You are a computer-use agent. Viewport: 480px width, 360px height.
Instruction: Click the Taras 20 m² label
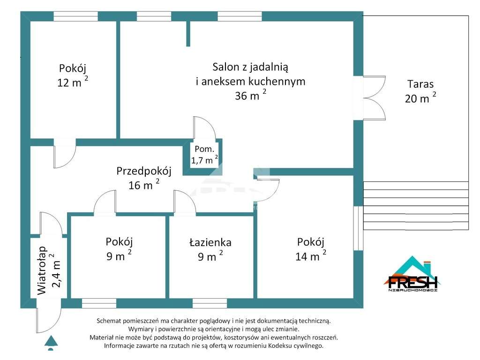420,91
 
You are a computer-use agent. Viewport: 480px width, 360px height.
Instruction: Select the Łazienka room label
210,249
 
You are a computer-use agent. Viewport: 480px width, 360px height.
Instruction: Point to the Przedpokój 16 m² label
143,178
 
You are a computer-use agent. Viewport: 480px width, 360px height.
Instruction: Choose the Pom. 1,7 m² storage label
204,155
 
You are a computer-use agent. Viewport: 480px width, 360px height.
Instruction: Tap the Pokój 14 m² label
310,249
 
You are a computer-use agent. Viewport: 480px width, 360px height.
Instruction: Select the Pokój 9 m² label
119,249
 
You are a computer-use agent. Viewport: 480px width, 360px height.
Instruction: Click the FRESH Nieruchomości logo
412,277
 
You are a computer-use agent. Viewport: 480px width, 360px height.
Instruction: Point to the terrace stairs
416,206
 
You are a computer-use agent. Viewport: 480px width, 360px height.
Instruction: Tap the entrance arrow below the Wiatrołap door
51,343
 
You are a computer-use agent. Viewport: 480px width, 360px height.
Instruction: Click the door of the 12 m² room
65,155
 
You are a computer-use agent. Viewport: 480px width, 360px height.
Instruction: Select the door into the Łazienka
184,202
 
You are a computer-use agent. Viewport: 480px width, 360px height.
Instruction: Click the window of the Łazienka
210,303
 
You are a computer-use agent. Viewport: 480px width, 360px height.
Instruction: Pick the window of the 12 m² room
75,16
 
